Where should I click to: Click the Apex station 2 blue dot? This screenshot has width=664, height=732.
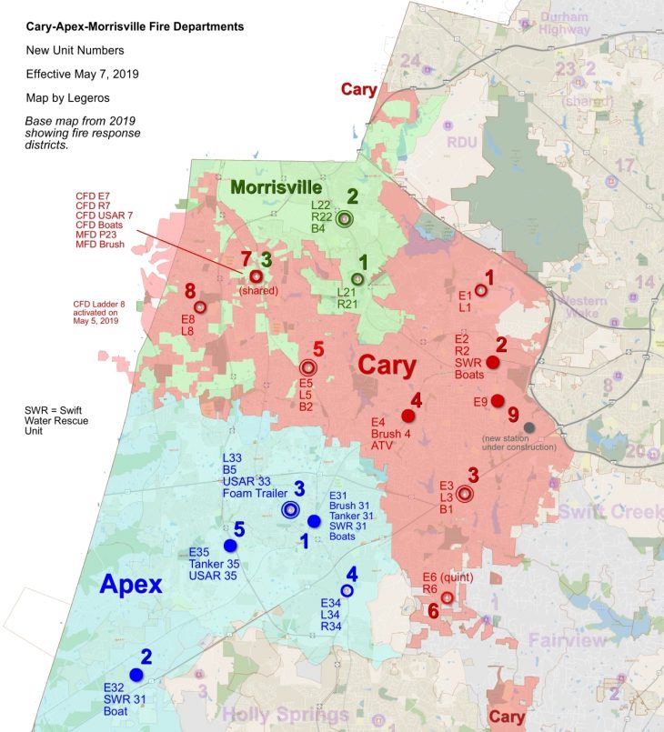(136, 675)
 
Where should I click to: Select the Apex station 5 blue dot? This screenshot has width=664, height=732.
(230, 545)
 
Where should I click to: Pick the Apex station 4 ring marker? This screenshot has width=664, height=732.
(347, 591)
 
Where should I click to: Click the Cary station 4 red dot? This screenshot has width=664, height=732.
(407, 416)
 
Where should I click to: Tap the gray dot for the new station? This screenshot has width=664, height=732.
(529, 427)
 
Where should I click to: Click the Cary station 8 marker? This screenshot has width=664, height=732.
(200, 307)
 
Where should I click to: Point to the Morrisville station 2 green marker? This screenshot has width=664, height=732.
(344, 218)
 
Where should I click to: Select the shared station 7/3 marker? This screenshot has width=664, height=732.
(256, 276)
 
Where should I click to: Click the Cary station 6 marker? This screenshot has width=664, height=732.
(448, 597)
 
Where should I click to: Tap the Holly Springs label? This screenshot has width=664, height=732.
(284, 714)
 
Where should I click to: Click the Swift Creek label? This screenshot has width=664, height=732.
(609, 511)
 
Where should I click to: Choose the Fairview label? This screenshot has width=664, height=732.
(568, 641)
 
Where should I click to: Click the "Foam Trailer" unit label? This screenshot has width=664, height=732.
(255, 493)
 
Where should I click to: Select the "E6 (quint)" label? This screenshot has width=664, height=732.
(451, 577)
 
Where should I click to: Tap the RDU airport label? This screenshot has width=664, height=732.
(461, 143)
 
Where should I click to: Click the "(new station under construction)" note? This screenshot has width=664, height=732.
(518, 443)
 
